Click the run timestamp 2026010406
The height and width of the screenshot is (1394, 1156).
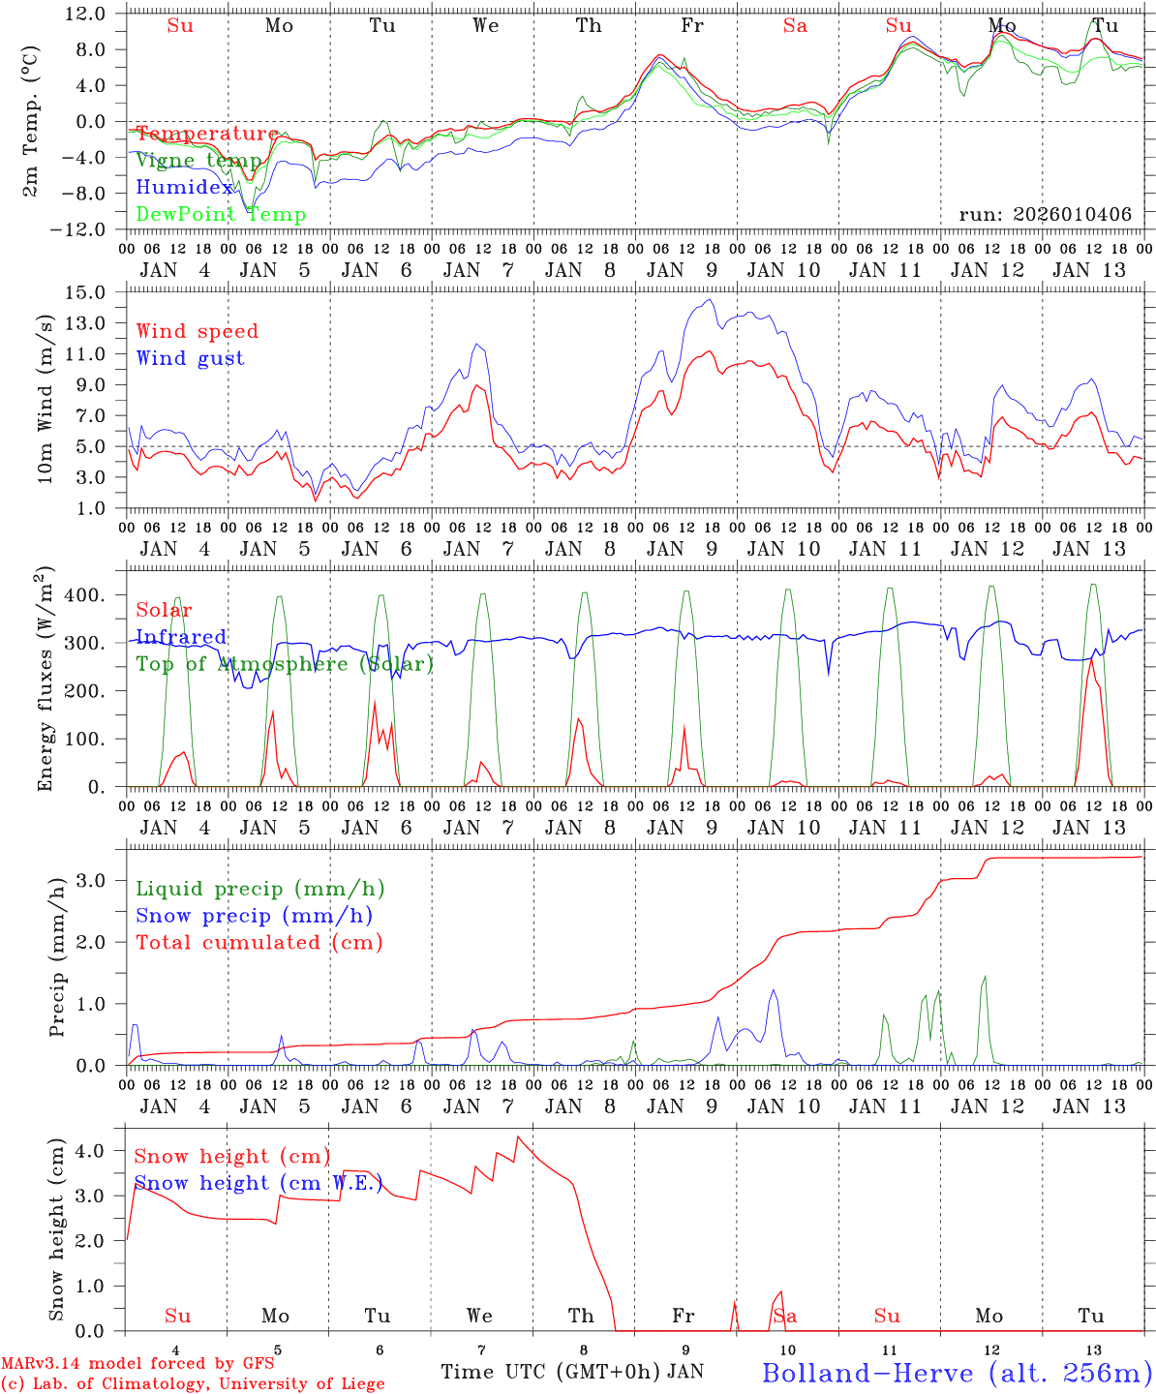tap(1045, 214)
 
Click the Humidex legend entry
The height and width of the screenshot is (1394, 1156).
tap(184, 187)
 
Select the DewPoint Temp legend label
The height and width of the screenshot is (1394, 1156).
tap(221, 214)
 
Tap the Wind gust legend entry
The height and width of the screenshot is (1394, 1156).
tap(190, 358)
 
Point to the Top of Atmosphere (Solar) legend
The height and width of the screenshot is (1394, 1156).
tap(285, 664)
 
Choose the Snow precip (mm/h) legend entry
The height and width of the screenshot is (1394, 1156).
tap(254, 916)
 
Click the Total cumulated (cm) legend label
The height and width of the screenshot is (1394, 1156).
tap(259, 943)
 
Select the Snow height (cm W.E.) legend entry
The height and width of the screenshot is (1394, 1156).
tap(259, 1183)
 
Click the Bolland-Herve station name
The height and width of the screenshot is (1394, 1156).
tap(957, 1372)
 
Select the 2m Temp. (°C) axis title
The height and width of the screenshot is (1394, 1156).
tap(32, 121)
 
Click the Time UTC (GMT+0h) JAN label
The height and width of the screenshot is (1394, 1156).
tap(571, 1372)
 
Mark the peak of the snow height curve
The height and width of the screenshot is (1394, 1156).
tap(518, 1136)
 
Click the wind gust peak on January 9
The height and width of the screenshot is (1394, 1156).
tap(711, 299)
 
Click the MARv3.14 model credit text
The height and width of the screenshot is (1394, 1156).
tap(137, 1364)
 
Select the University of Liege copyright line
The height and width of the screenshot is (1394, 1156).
tap(193, 1384)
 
